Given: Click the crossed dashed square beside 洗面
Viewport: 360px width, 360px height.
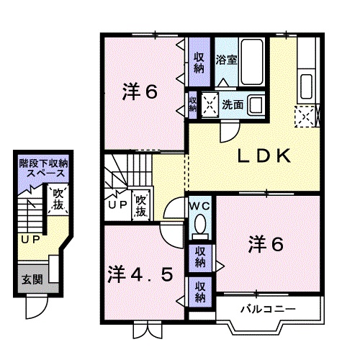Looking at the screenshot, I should (211, 104).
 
